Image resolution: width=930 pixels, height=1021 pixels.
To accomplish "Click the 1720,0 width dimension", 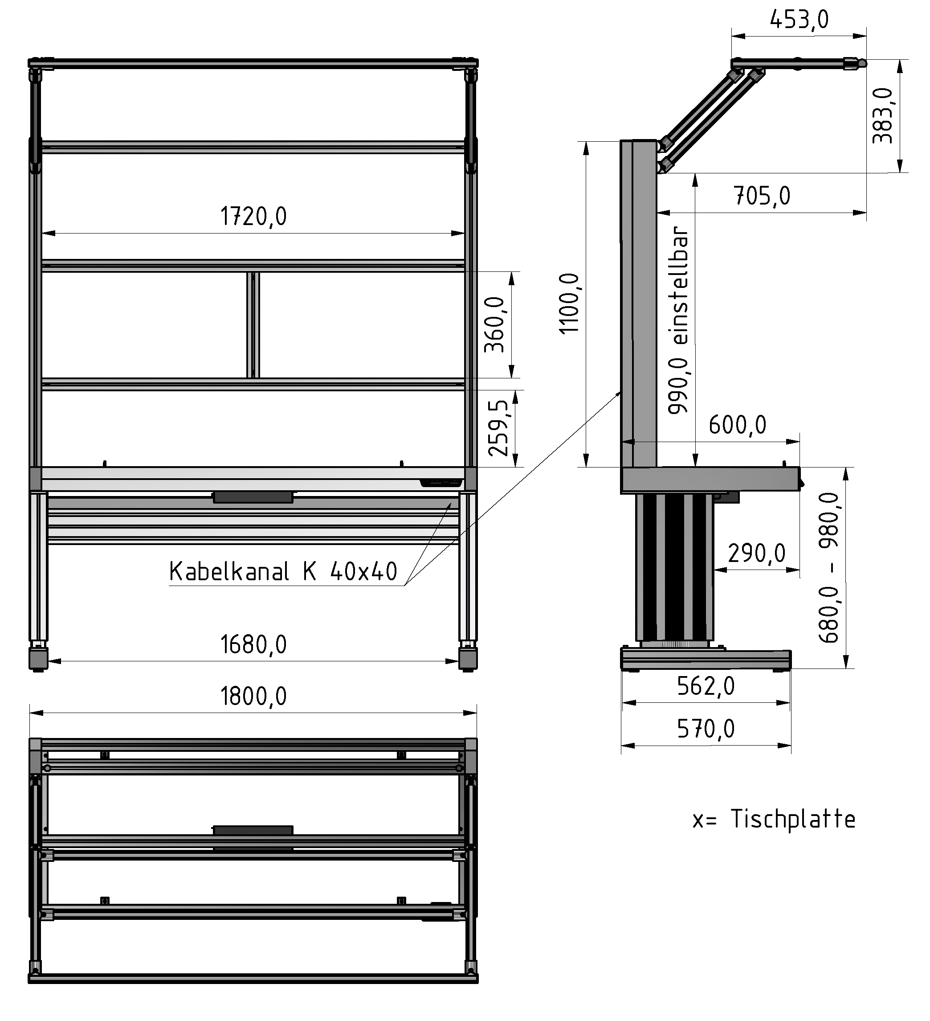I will (x=253, y=216).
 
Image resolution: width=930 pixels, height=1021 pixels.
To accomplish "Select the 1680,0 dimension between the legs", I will (x=253, y=645).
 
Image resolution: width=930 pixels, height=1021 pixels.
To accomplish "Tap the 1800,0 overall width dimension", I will (x=253, y=697).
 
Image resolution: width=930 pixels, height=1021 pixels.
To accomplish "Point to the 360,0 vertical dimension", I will (x=494, y=324).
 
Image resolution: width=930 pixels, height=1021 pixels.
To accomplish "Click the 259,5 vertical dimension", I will (x=498, y=427).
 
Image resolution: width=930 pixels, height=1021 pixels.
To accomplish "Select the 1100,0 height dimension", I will (x=569, y=303).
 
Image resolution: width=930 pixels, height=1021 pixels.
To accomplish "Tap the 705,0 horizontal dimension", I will (x=762, y=196).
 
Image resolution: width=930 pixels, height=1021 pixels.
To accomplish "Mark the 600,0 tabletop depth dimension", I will (x=737, y=424).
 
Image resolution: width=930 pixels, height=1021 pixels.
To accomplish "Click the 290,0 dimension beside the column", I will (x=756, y=553).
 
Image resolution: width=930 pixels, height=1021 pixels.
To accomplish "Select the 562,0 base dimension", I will (x=706, y=686).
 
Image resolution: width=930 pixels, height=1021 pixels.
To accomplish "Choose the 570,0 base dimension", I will (x=706, y=729).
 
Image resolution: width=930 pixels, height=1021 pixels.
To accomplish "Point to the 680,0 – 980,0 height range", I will (x=829, y=567).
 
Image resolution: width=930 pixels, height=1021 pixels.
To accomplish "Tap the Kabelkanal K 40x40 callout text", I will (x=282, y=571).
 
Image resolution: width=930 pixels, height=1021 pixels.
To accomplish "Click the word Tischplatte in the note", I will (x=793, y=820).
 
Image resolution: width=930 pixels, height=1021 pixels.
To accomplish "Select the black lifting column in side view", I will (x=674, y=567).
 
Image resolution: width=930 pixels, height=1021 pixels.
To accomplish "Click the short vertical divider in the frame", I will (x=253, y=324).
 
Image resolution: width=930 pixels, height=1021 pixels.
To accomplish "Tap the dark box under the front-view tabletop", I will (x=253, y=497).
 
